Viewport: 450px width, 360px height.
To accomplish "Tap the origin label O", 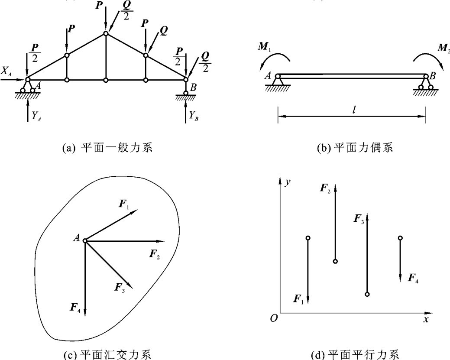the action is point(273,319).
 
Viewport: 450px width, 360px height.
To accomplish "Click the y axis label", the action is point(287,182).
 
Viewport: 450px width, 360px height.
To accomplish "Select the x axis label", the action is point(426,320).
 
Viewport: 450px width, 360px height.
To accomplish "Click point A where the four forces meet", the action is point(85,240).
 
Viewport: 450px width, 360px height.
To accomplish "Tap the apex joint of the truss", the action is point(106,33).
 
